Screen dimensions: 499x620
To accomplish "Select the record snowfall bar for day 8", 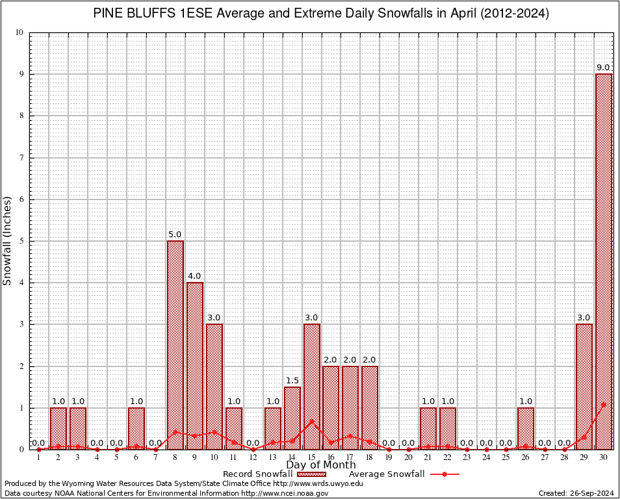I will click(175, 345).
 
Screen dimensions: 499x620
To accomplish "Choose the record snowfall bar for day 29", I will click(584, 387).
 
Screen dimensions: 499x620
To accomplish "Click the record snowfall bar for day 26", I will click(526, 428).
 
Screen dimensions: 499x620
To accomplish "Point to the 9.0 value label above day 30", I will click(603, 68).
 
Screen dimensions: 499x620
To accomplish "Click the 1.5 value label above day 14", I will click(292, 381).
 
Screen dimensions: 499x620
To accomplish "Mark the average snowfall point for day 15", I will click(312, 421).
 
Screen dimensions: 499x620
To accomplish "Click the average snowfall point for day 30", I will click(604, 404).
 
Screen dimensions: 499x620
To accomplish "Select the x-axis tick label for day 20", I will click(409, 457).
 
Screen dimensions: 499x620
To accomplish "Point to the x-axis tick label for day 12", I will click(253, 457).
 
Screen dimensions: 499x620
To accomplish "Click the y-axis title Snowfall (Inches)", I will click(8, 240).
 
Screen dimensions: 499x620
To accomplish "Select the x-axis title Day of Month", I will click(321, 465).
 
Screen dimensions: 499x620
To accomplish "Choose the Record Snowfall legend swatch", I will click(311, 474).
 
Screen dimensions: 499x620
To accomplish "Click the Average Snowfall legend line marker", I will click(445, 474).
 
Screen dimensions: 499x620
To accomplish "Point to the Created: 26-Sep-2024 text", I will click(576, 493).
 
